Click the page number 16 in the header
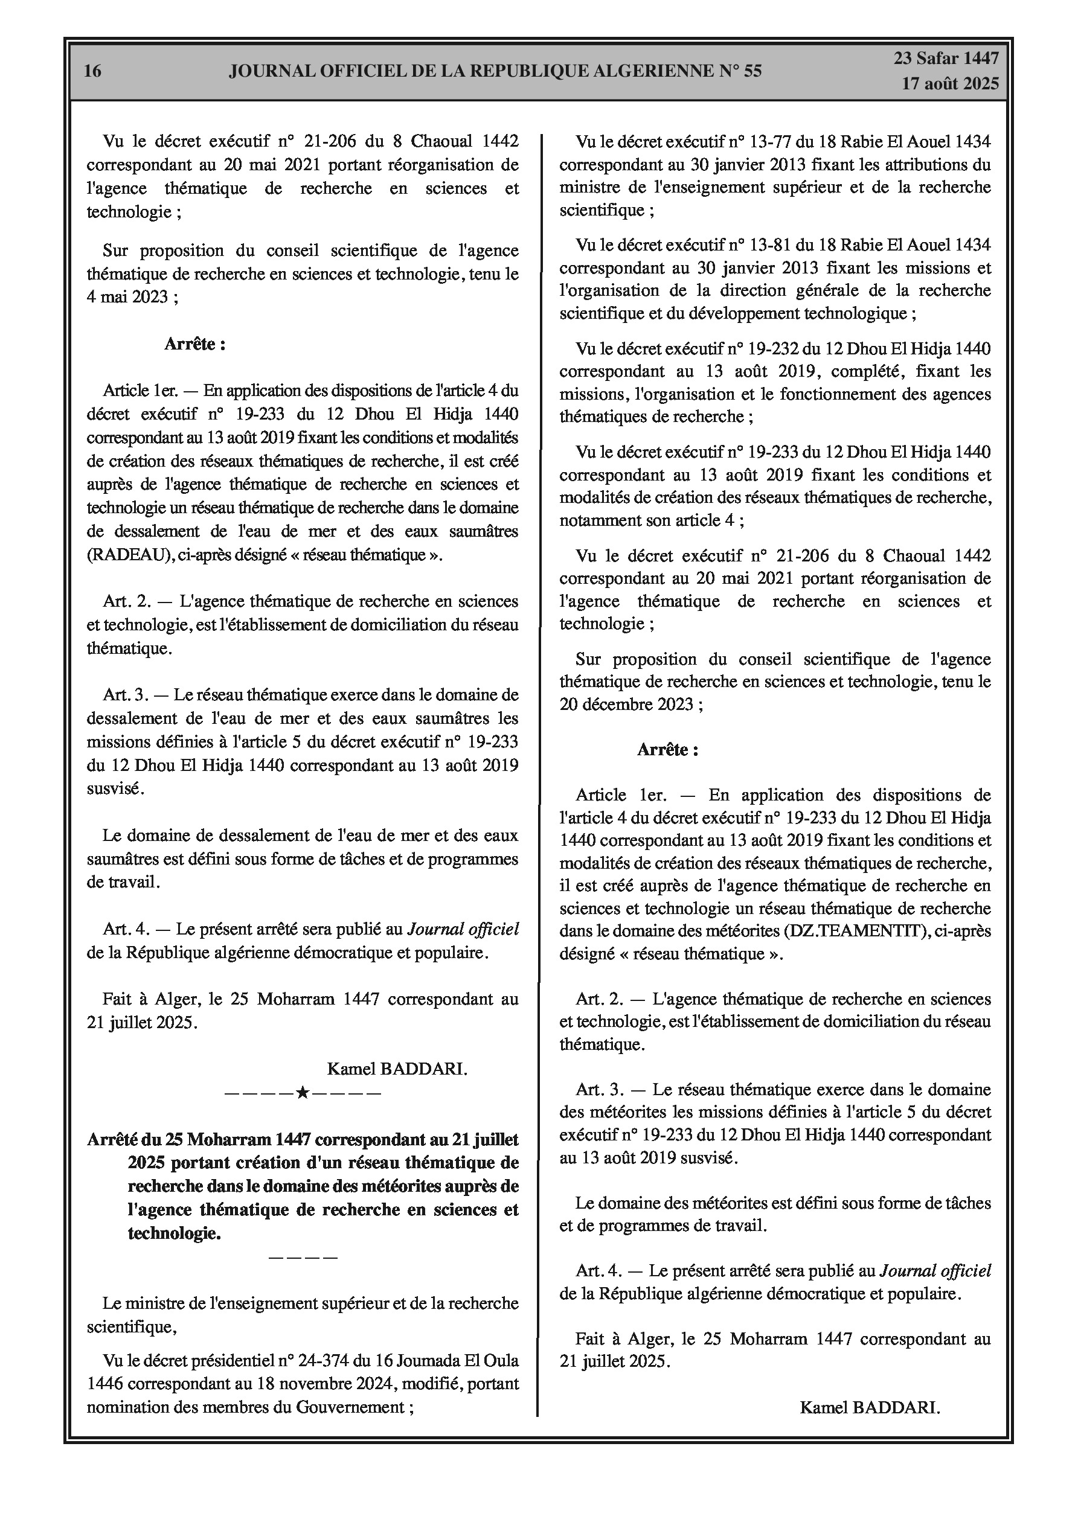point(93,71)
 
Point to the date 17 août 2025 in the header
point(950,84)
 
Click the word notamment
point(595,520)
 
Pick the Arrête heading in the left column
point(194,344)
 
